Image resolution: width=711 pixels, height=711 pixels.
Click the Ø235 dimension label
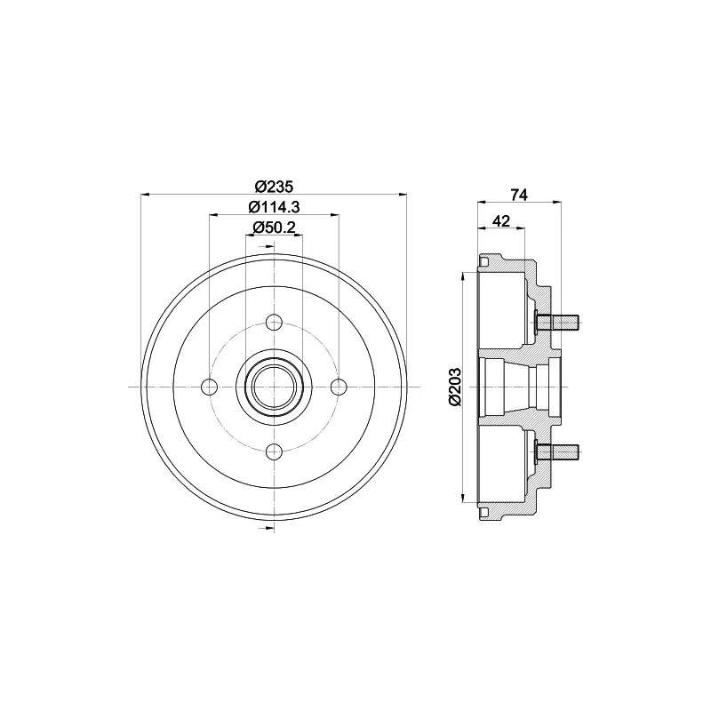274,187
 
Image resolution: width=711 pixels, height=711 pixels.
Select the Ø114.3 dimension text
274,207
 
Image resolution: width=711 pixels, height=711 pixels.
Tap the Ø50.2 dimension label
274,228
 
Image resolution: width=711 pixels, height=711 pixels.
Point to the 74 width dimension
519,195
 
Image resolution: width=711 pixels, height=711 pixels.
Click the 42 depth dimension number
501,220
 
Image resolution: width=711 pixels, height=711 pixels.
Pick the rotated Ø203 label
454,387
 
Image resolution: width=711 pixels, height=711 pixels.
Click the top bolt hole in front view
274,323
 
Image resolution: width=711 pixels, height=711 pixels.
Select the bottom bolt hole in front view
274,451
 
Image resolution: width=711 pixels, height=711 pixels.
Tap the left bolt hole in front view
210,387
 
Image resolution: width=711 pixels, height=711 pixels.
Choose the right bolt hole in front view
339,387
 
